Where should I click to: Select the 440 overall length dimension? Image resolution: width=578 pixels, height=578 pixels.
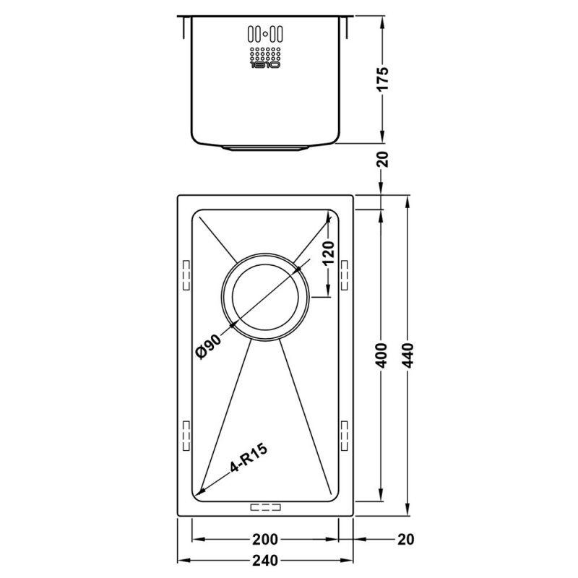coord(410,355)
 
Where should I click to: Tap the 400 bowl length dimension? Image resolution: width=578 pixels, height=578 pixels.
coord(383,355)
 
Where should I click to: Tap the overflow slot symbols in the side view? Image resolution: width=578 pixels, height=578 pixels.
coord(265,33)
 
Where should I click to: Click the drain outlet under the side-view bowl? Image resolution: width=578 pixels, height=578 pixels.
coord(265,147)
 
